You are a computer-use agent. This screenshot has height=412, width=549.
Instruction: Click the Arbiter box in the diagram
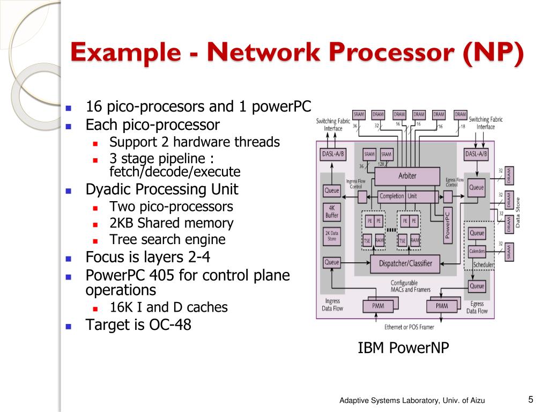tap(407, 176)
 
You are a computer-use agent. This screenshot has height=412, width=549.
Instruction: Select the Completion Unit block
tap(398, 196)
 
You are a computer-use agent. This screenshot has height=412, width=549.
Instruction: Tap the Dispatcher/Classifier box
tap(405, 263)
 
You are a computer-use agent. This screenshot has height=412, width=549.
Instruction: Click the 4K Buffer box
tap(332, 211)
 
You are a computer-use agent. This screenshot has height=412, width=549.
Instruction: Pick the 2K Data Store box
tap(332, 236)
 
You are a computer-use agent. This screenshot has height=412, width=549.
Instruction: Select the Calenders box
tap(477, 251)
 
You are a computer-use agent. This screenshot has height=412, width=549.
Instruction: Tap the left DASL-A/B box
tap(333, 154)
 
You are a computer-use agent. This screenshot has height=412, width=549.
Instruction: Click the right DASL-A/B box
tap(476, 154)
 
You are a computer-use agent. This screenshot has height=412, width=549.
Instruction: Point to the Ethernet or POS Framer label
tap(409, 327)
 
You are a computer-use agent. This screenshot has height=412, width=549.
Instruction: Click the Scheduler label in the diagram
tap(484, 265)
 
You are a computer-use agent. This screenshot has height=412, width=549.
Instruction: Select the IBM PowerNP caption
tap(403, 349)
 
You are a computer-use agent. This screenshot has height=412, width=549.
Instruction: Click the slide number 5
tap(530, 399)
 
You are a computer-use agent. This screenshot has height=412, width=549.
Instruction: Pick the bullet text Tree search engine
tap(167, 240)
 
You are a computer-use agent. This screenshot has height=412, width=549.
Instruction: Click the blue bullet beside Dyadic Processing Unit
tap(68, 190)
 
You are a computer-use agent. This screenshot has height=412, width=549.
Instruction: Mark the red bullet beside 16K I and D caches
tap(95, 308)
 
